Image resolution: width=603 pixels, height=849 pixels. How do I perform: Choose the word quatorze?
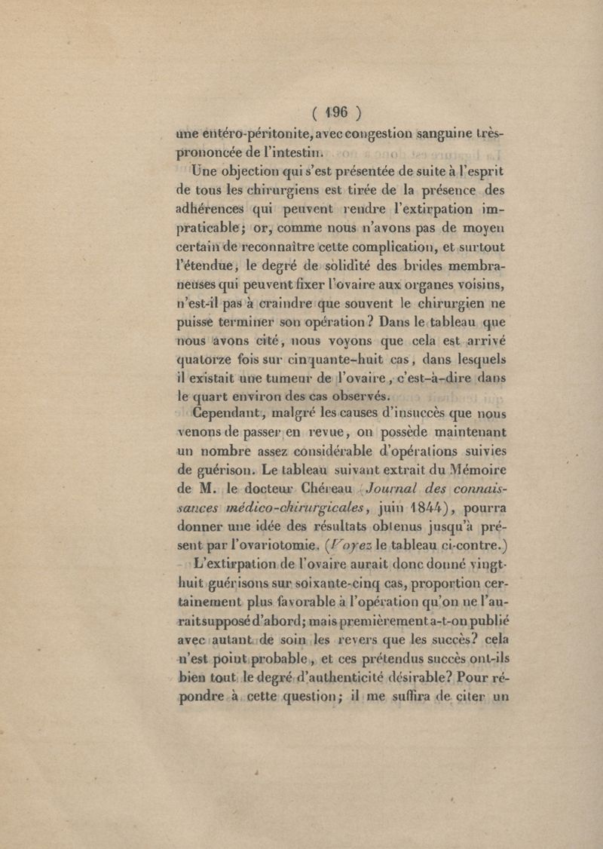coord(207,358)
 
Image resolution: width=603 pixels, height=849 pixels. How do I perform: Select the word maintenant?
coord(460,433)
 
